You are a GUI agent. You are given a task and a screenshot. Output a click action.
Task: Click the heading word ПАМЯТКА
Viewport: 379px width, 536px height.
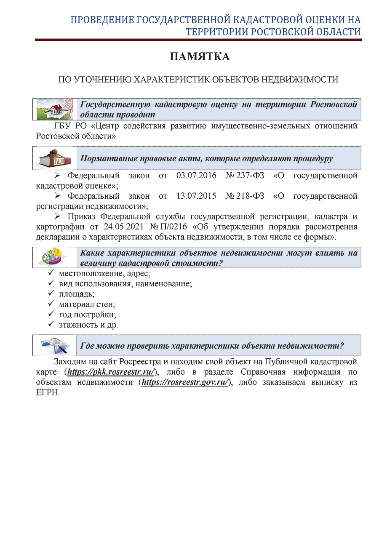point(200,57)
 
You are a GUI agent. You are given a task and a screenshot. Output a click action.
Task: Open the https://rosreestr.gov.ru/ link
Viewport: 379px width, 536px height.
point(185,382)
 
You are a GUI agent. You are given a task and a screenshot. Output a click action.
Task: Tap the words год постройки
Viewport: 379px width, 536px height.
point(88,315)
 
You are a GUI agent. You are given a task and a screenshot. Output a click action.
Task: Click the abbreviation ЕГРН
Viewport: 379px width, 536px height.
point(48,392)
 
